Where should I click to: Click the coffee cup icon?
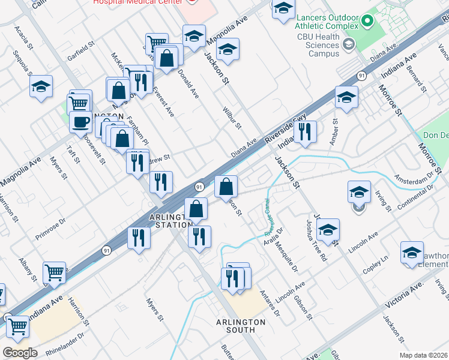coord(80,122)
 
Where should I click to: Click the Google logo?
coord(20,353)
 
